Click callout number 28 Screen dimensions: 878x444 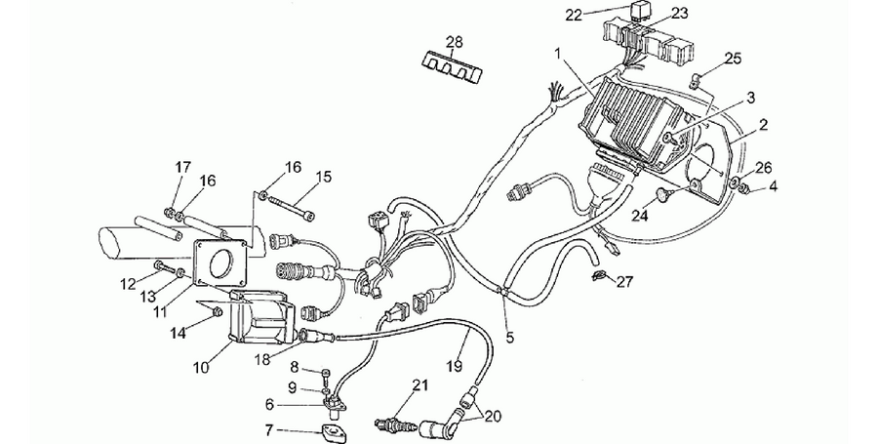(x=454, y=41)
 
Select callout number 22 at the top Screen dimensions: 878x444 (x=574, y=15)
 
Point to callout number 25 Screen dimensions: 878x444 (x=733, y=58)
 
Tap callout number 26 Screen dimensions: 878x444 (x=764, y=168)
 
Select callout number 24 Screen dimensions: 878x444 (x=640, y=215)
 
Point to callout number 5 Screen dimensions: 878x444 (x=509, y=337)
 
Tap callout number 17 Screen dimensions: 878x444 (x=182, y=167)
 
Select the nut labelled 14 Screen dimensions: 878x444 (x=219, y=311)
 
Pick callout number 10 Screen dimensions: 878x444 (x=201, y=367)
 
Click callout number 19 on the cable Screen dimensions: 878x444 (x=455, y=366)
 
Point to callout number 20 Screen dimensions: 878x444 (x=494, y=417)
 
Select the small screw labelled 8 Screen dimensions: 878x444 (x=327, y=373)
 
